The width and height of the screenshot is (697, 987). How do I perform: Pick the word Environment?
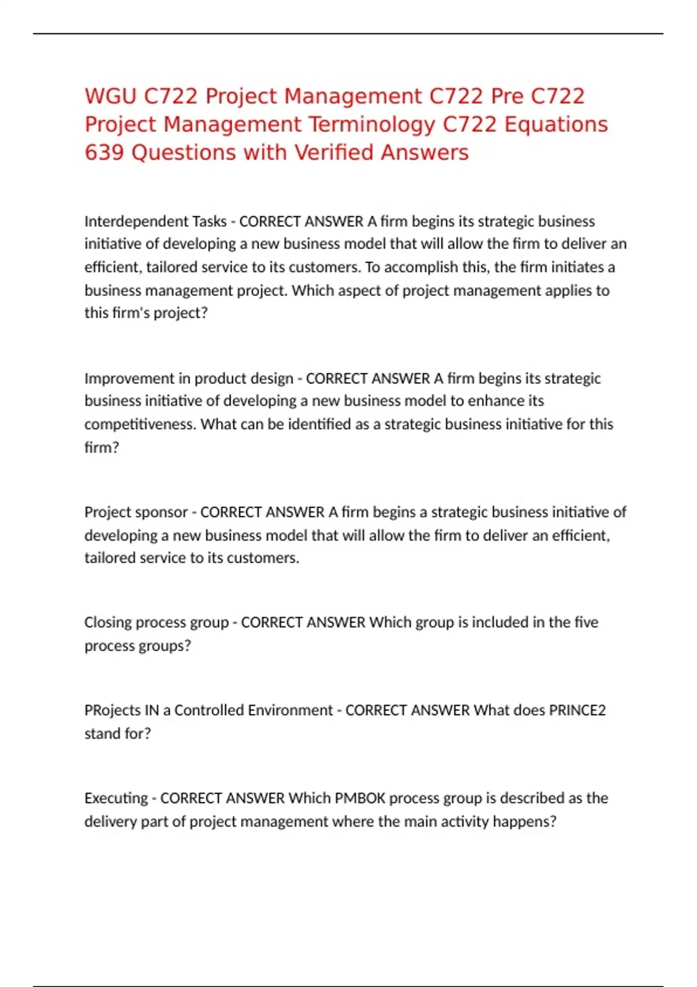point(296,710)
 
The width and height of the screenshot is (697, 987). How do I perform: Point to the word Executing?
point(116,798)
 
